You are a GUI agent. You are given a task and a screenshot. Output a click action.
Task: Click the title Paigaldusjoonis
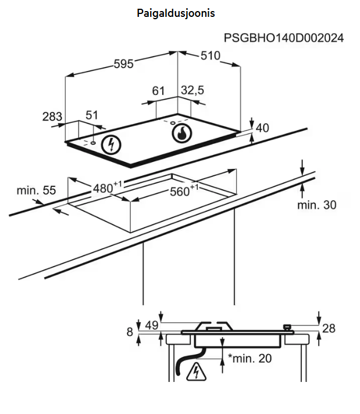click(x=176, y=13)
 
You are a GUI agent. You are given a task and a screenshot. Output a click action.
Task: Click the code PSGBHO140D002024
click(x=284, y=38)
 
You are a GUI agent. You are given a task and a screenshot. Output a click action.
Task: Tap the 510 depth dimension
click(x=210, y=56)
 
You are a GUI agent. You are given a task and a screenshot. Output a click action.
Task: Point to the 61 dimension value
click(x=158, y=91)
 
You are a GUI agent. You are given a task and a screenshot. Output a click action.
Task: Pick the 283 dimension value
click(x=52, y=116)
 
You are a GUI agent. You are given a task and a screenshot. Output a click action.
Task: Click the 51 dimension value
click(x=92, y=116)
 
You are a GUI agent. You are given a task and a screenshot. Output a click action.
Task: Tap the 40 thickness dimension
click(x=262, y=128)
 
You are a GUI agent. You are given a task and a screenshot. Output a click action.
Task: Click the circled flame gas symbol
click(x=181, y=133)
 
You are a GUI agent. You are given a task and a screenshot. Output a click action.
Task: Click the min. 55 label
click(x=36, y=190)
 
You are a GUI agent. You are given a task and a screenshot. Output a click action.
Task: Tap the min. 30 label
click(x=316, y=205)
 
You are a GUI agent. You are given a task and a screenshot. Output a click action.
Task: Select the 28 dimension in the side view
click(x=329, y=328)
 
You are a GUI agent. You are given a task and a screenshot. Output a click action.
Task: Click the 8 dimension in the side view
click(x=130, y=332)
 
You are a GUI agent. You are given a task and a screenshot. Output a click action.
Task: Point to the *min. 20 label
click(x=249, y=358)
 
